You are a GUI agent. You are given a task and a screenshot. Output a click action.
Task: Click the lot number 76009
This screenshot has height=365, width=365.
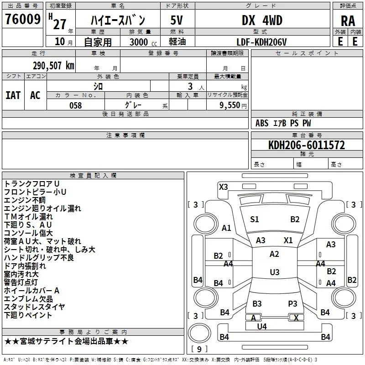point(23,19)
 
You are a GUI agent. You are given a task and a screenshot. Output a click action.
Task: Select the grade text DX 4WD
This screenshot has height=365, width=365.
point(262,20)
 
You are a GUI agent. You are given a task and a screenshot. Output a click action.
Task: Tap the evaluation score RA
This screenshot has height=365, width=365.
point(348,21)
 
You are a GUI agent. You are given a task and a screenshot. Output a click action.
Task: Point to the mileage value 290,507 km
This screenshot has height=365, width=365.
point(53,66)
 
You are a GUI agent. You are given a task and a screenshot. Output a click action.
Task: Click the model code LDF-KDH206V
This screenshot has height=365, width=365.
point(261,42)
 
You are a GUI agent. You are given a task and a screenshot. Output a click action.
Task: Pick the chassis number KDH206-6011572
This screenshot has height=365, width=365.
point(307,145)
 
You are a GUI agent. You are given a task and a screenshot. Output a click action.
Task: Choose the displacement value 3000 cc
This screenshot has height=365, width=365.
point(143,42)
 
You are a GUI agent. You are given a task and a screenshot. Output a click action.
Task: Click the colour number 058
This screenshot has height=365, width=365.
point(76,105)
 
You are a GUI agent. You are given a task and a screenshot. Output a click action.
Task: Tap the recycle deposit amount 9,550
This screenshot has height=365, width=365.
point(230,105)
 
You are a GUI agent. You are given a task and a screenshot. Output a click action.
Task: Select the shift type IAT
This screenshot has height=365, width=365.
point(13,95)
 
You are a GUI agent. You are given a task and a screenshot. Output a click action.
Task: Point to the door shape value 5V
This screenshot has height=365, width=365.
point(177,20)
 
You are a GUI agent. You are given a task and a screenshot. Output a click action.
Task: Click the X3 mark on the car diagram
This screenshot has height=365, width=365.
point(223,187)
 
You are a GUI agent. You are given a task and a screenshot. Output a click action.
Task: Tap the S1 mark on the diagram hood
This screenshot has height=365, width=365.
point(255,219)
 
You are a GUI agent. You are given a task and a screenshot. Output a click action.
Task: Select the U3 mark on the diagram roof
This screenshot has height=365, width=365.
point(275,272)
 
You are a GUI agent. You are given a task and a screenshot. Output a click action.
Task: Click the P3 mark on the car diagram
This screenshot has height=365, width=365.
point(292,304)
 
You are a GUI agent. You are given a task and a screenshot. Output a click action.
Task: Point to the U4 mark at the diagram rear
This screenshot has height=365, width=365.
point(262,327)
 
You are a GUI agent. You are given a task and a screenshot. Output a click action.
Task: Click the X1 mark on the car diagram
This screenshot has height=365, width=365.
point(288,240)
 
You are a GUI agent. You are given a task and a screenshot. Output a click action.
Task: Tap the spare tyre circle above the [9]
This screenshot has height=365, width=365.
point(199,333)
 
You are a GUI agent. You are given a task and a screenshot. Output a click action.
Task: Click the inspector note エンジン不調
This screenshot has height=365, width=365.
point(25,200)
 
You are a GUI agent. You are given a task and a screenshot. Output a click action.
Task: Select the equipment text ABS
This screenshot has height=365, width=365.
point(262,123)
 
